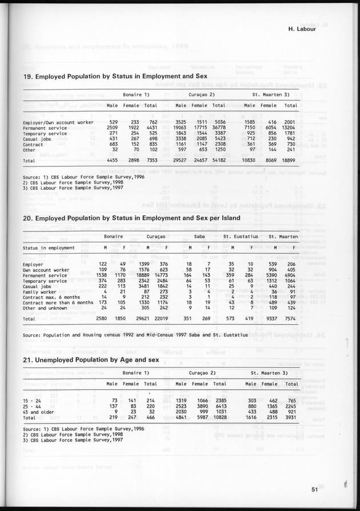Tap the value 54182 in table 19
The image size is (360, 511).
(x=218, y=162)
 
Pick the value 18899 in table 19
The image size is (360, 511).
(x=290, y=162)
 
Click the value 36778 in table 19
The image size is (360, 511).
(x=218, y=127)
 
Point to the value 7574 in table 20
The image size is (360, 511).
(x=289, y=317)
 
